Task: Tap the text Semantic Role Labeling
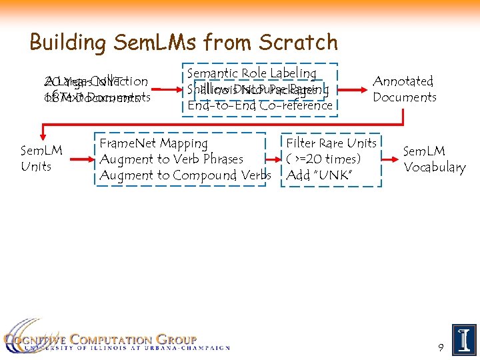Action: [x=252, y=73]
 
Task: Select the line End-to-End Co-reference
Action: [x=260, y=105]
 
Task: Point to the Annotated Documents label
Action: [x=405, y=89]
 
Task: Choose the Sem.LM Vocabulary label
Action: [x=434, y=159]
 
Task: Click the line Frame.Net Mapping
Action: [x=153, y=143]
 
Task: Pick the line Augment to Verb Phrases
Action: [x=171, y=159]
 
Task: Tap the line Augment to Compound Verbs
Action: [x=185, y=175]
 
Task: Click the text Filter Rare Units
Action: [x=331, y=143]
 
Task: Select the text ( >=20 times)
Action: [x=323, y=159]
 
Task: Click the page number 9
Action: [x=441, y=347]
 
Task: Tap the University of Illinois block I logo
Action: [x=464, y=340]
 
